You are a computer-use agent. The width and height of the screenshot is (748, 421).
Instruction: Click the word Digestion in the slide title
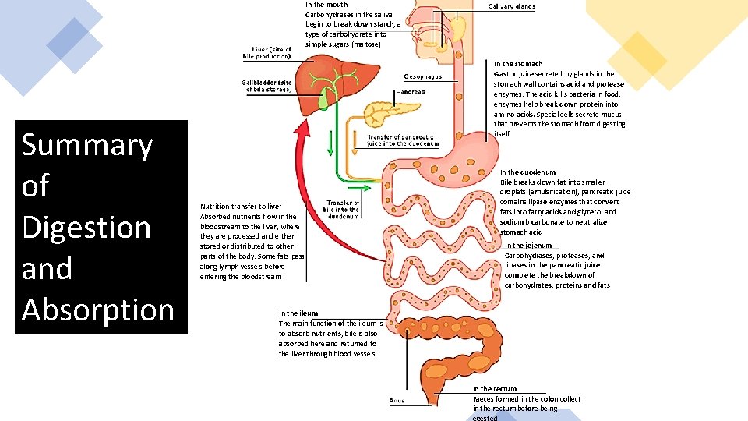click(86, 228)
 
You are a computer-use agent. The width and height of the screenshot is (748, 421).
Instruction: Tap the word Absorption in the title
click(98, 310)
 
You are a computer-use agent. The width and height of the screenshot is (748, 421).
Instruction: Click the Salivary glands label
click(511, 6)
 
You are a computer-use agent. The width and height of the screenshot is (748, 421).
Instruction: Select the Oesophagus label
click(423, 76)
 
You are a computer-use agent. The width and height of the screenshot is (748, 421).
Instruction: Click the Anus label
click(397, 401)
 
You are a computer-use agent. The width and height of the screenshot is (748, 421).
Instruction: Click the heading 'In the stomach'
click(518, 64)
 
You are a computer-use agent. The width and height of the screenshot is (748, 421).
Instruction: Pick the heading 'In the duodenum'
click(527, 172)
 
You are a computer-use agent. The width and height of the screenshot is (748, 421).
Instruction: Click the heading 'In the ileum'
click(298, 313)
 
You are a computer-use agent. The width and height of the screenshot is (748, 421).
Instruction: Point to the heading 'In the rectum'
click(495, 389)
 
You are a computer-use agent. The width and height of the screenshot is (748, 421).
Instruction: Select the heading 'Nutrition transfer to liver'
click(241, 207)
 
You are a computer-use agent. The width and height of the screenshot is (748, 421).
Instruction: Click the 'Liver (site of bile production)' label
click(268, 53)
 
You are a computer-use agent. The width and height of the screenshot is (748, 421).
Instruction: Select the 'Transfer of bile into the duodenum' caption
click(343, 209)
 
